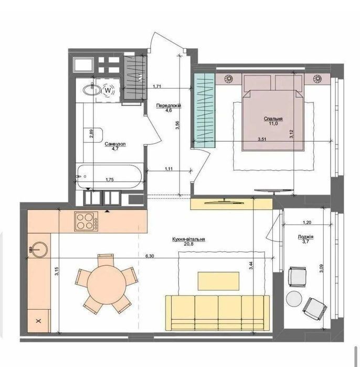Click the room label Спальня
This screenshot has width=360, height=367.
[x=273, y=119]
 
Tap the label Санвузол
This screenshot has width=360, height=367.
[x=115, y=144]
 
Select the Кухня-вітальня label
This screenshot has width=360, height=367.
[x=188, y=239]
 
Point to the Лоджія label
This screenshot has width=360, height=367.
[x=305, y=237]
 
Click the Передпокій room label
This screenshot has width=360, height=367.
[x=168, y=106]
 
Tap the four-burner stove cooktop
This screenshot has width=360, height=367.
[x=86, y=222]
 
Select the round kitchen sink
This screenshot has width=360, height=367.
[x=39, y=249]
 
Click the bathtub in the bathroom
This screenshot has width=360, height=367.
[x=110, y=176]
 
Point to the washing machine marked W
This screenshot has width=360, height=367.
[x=108, y=90]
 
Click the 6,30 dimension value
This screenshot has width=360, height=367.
[x=150, y=256]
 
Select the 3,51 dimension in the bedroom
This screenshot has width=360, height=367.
[x=262, y=139]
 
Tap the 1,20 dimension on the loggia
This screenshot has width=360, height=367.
[x=307, y=223]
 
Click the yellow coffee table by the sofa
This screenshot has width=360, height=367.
[x=218, y=281]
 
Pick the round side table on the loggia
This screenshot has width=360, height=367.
[x=294, y=298]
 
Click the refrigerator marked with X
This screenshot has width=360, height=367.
[x=39, y=321]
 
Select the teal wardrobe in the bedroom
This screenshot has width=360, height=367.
[x=204, y=110]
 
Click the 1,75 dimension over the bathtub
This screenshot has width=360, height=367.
[x=110, y=180]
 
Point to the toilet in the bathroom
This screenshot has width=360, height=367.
[x=93, y=135]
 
